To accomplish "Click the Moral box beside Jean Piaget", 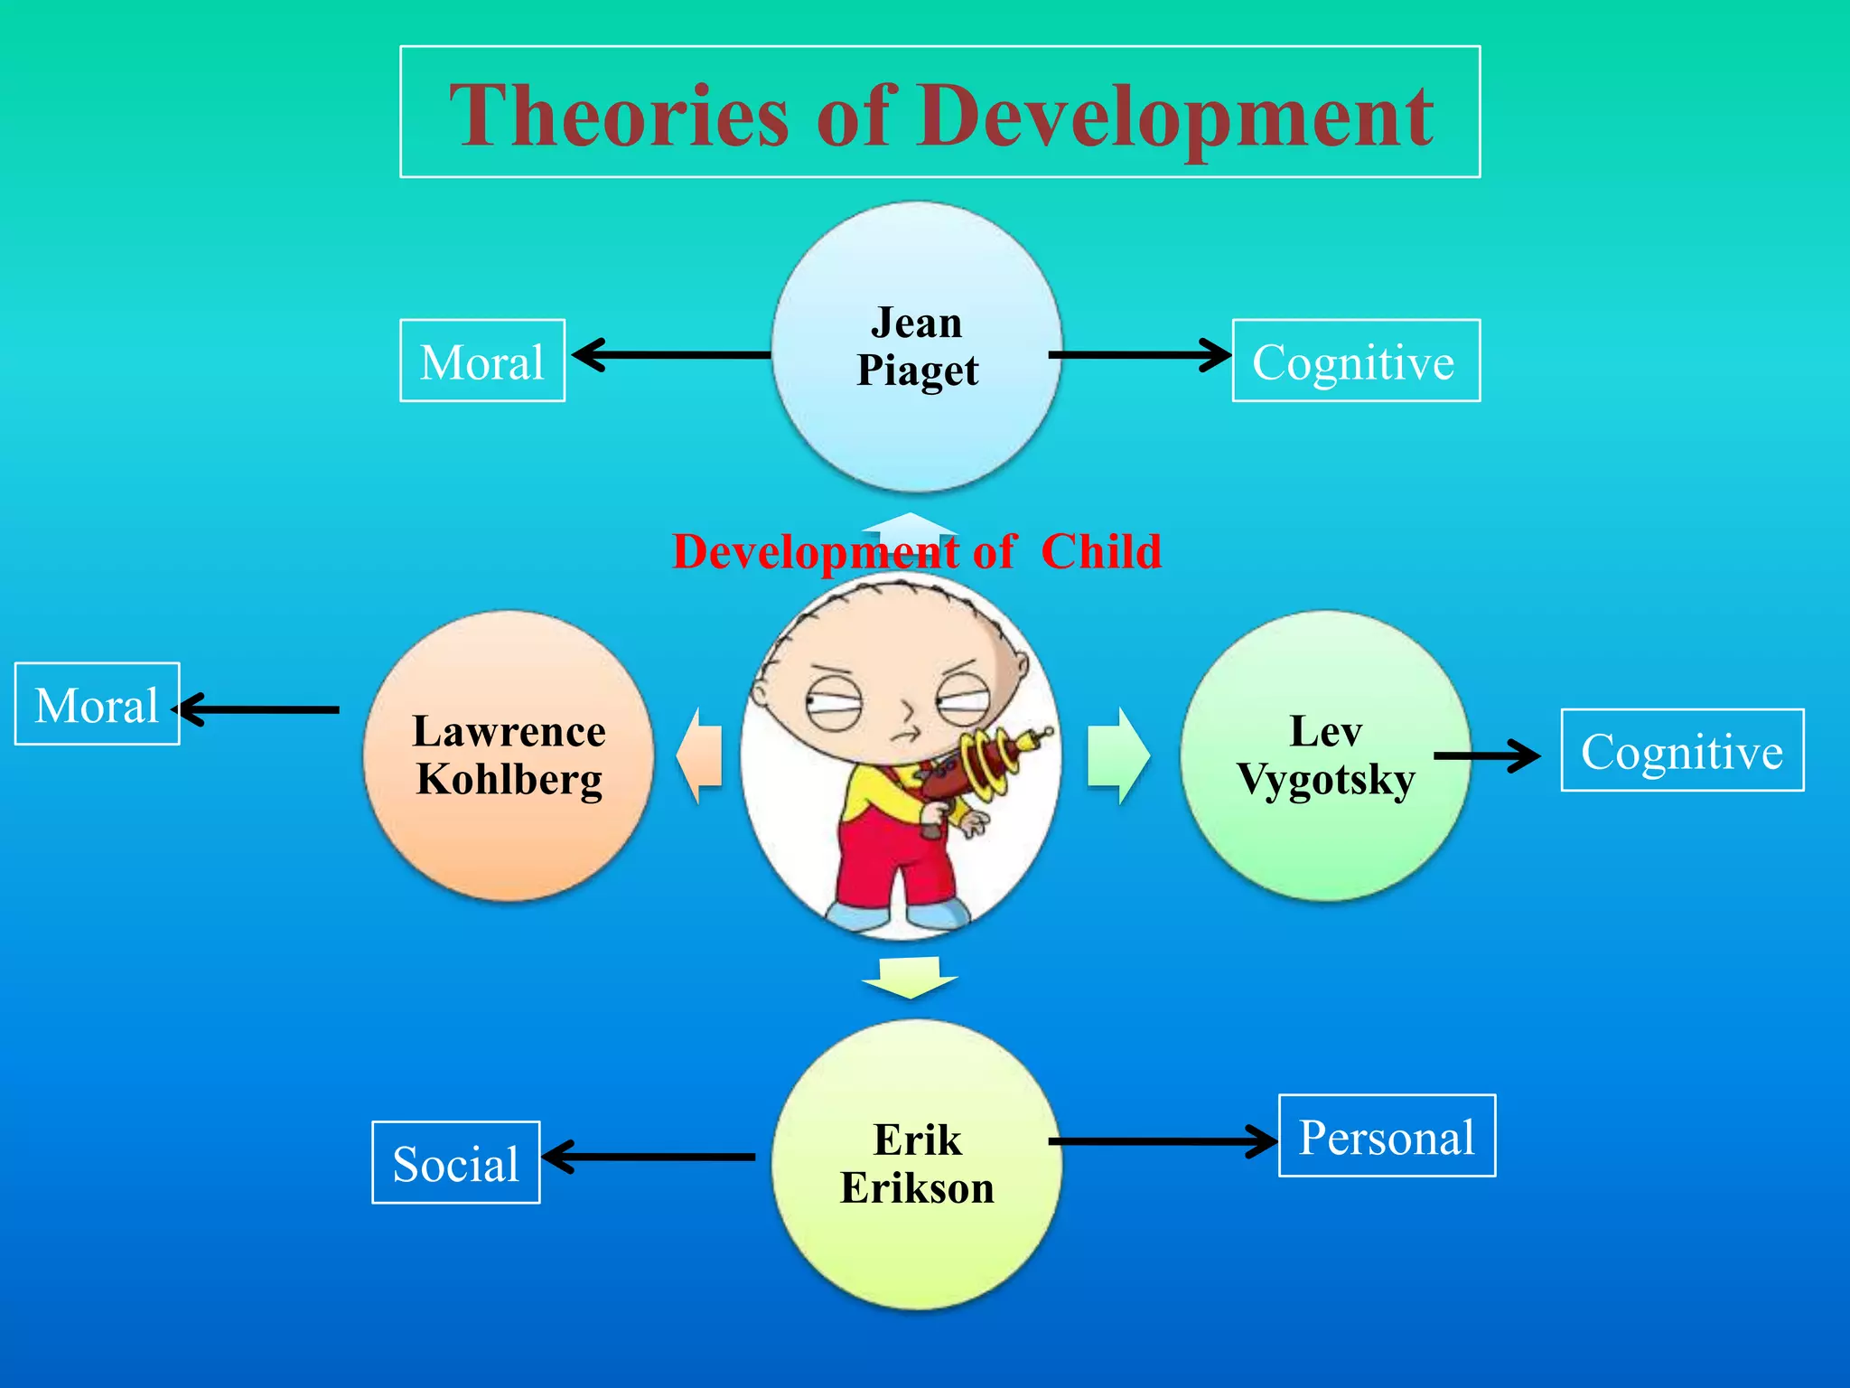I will click(x=482, y=361).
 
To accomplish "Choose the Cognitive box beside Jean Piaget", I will click(x=1355, y=361).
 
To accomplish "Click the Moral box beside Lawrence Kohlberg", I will click(x=97, y=704).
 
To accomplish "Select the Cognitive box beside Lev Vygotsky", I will click(x=1682, y=750).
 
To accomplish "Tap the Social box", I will click(x=455, y=1162).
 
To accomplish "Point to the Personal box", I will click(x=1387, y=1136).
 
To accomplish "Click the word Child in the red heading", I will click(x=1101, y=551).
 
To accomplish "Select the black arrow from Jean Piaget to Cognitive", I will click(x=1138, y=355).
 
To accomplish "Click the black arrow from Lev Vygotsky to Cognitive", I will click(x=1487, y=755).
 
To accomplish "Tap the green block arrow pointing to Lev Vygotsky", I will click(x=1118, y=755).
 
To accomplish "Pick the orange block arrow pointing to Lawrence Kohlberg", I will click(x=700, y=755).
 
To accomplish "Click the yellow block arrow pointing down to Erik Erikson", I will click(x=910, y=977).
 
